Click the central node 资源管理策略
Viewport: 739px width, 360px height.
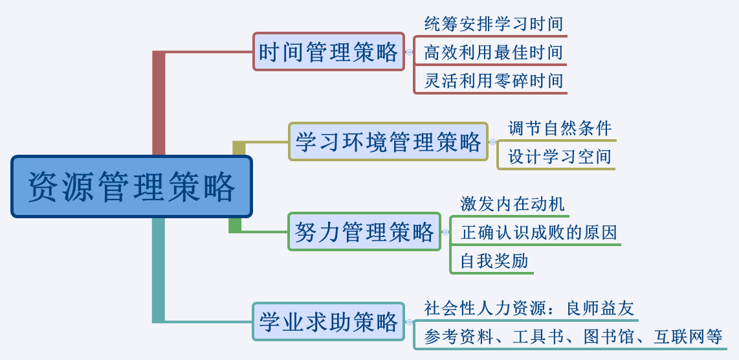[131, 186]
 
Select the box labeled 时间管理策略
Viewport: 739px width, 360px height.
[328, 52]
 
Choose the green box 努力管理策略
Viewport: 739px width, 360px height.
[364, 231]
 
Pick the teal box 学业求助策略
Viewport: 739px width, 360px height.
[328, 321]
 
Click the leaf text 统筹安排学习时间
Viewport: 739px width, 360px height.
[493, 24]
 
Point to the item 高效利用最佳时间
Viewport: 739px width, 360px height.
[493, 52]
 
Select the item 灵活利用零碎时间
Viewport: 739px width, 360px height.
[493, 81]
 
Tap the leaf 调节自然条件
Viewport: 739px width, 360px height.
[559, 128]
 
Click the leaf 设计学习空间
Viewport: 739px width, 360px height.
[559, 157]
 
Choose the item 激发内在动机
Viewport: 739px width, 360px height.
[512, 204]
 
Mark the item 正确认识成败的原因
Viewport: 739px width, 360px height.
[538, 232]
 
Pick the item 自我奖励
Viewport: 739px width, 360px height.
[494, 261]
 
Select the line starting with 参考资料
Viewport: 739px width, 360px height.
[573, 337]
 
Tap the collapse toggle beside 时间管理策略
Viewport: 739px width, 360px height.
[409, 52]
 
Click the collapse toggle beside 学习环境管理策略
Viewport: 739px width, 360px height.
[492, 142]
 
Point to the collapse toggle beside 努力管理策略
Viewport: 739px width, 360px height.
[445, 231]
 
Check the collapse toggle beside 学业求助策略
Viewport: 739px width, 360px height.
[409, 321]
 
